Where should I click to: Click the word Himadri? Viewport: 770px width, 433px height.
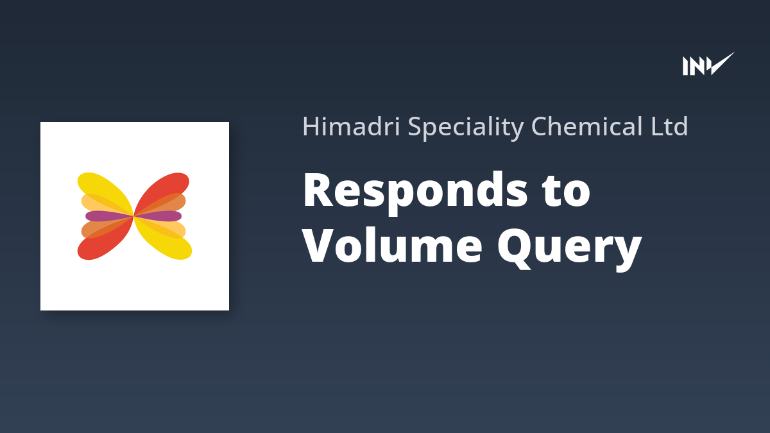pos(351,126)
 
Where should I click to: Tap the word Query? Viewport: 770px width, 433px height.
pos(570,248)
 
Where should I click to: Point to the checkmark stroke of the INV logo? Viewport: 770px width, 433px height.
pos(721,64)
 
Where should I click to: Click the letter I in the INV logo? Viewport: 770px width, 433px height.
pos(686,66)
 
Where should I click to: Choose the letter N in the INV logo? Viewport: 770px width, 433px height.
pos(697,66)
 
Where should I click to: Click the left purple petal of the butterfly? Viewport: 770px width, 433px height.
pos(108,216)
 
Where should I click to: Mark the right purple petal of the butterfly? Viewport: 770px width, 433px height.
pos(158,216)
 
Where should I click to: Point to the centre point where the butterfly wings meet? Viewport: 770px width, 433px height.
pos(133,216)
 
